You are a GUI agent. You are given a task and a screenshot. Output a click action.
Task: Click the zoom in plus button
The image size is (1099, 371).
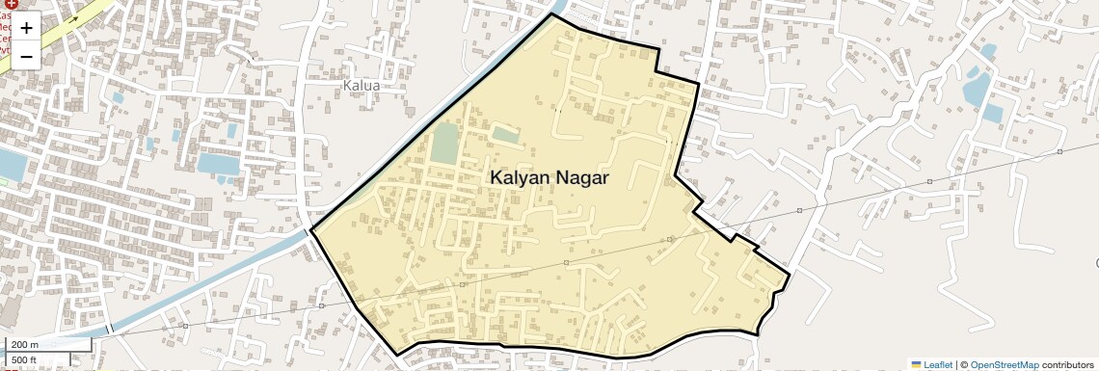point(26,28)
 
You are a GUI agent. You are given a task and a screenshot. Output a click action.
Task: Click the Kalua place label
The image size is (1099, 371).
point(362,86)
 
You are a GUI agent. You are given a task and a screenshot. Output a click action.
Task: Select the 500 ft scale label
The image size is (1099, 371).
point(24,360)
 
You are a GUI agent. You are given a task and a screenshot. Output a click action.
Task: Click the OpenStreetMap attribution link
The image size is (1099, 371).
point(1005,365)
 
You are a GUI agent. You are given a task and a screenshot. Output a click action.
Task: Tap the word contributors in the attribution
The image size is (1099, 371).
point(1068,365)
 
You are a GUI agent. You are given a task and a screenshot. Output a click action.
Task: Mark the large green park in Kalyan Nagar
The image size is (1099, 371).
point(444,144)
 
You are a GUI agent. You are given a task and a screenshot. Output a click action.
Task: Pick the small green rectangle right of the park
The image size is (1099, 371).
point(505,134)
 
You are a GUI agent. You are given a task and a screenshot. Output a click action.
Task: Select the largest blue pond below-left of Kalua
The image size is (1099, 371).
point(218,163)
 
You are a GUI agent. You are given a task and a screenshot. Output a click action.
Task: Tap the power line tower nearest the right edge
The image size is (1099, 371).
point(1059,151)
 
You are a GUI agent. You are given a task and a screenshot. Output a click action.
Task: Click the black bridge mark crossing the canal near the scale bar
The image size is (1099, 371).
point(109,330)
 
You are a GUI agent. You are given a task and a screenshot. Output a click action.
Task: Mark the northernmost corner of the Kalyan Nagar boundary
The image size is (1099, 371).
point(552,14)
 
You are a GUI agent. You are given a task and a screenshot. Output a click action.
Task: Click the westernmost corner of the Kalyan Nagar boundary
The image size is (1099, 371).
point(311,229)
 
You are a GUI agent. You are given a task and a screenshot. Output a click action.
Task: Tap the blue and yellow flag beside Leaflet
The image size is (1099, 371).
point(916,365)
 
